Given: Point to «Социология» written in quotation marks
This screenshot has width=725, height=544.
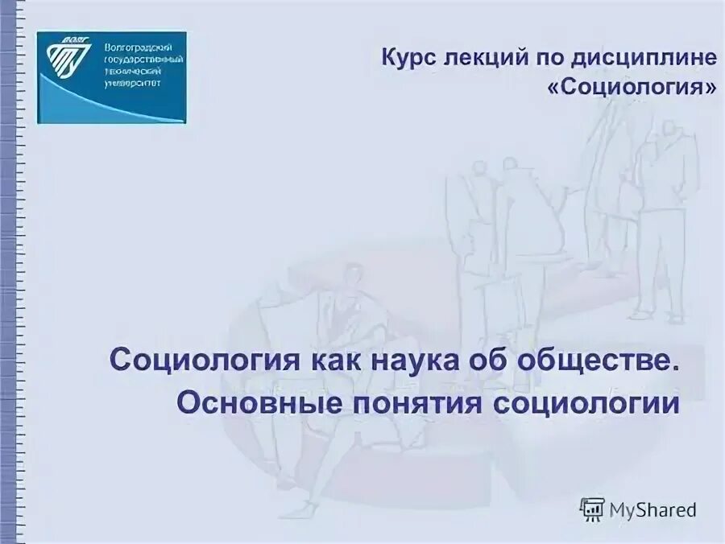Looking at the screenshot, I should tap(631, 86).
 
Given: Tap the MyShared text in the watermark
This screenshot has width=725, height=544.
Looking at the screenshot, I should tap(653, 509).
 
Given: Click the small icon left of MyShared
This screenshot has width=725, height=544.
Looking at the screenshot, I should tap(592, 509).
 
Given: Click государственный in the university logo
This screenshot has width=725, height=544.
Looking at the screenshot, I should tap(144, 60).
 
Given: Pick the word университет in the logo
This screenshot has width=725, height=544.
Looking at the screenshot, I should tap(133, 81).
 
